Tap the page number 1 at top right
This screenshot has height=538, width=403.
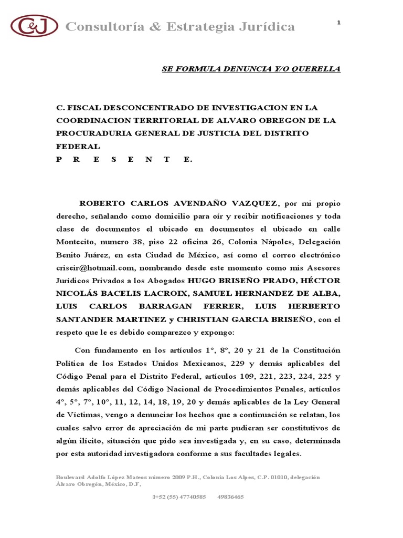[338, 22]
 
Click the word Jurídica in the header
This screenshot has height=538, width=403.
[264, 27]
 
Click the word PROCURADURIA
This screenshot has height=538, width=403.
[91, 133]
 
